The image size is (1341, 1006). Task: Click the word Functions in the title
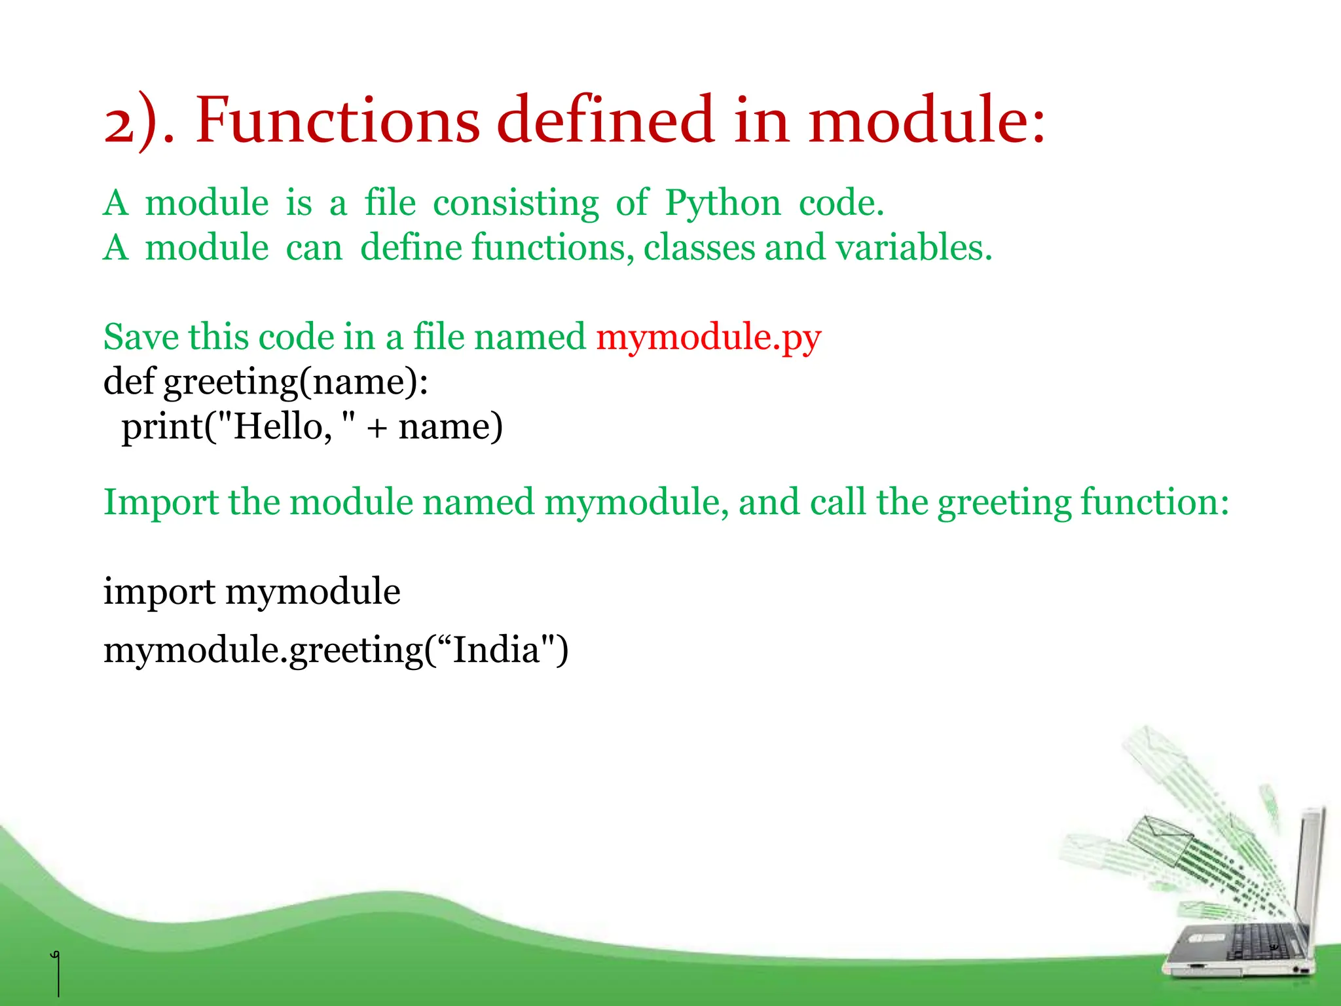pyautogui.click(x=337, y=121)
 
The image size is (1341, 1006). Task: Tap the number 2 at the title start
pyautogui.click(x=119, y=124)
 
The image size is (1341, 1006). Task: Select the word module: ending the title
pyautogui.click(x=926, y=121)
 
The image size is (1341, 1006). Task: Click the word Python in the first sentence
pyautogui.click(x=723, y=203)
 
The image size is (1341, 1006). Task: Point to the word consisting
pyautogui.click(x=515, y=203)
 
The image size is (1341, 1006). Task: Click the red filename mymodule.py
pyautogui.click(x=708, y=338)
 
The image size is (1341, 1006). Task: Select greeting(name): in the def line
pyautogui.click(x=296, y=382)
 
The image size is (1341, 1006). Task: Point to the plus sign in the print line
pyautogui.click(x=377, y=428)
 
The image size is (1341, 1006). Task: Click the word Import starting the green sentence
pyautogui.click(x=160, y=502)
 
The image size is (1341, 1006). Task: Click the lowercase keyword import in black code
pyautogui.click(x=159, y=592)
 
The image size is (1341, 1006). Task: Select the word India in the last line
pyautogui.click(x=496, y=650)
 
